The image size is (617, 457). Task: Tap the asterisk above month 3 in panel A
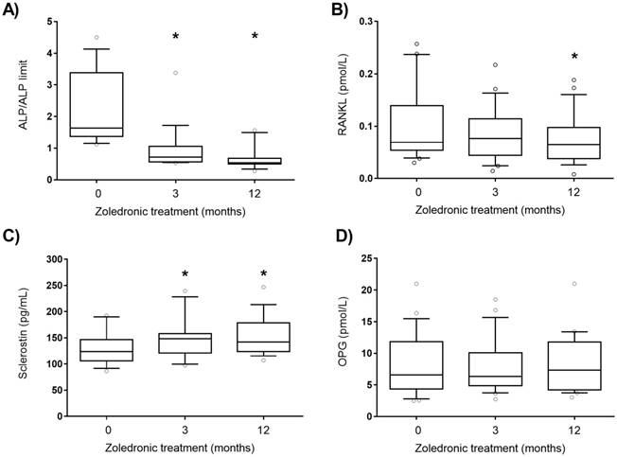pos(175,37)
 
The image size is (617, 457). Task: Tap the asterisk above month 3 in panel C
pos(175,275)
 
